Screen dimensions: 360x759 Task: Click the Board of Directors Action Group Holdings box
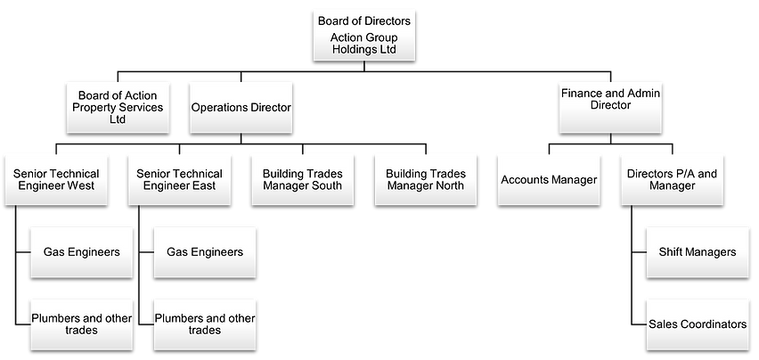pyautogui.click(x=364, y=35)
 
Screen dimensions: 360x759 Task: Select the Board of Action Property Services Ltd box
pyautogui.click(x=117, y=107)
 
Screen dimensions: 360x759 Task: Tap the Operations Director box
pyautogui.click(x=241, y=107)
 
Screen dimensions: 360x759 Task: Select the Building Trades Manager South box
pyautogui.click(x=302, y=179)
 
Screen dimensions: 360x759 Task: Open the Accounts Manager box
pyautogui.click(x=549, y=179)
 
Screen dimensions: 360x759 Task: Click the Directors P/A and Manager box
pyautogui.click(x=672, y=179)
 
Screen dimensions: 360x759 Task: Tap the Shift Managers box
pyautogui.click(x=697, y=252)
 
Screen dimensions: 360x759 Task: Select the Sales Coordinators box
pyautogui.click(x=697, y=324)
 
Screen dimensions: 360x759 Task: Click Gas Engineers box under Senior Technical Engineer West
pyautogui.click(x=81, y=252)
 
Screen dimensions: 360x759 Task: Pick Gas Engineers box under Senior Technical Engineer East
pyautogui.click(x=204, y=252)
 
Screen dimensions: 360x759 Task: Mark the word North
pyautogui.click(x=448, y=186)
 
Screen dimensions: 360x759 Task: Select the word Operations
pyautogui.click(x=218, y=107)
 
